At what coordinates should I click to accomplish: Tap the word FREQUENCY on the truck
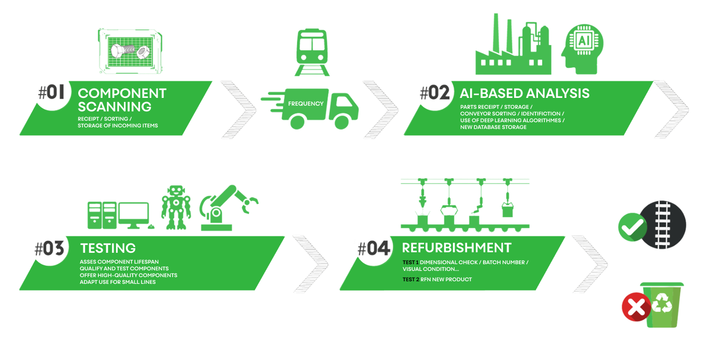306,104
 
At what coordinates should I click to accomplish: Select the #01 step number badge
51,93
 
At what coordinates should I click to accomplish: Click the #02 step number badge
434,93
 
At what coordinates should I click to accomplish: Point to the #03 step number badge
49,249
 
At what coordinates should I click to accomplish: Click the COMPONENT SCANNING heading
122,100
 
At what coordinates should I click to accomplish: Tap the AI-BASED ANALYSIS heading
524,93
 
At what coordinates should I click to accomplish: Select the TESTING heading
108,248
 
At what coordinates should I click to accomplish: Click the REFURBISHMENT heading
456,248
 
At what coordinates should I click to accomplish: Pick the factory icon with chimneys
513,49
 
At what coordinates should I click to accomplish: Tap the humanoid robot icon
176,208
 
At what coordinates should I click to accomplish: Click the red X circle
636,307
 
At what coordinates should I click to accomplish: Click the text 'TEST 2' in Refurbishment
411,280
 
